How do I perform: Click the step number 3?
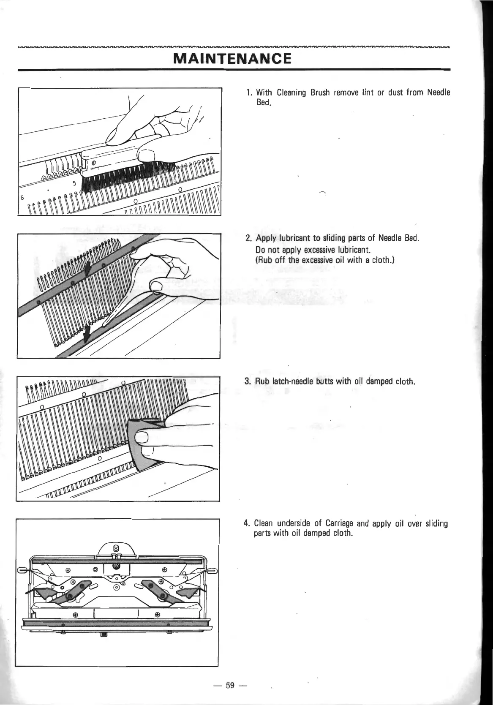[x=247, y=382]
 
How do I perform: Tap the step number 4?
[x=247, y=524]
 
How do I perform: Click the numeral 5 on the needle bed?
[x=74, y=184]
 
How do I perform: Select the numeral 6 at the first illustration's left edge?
[x=21, y=198]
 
